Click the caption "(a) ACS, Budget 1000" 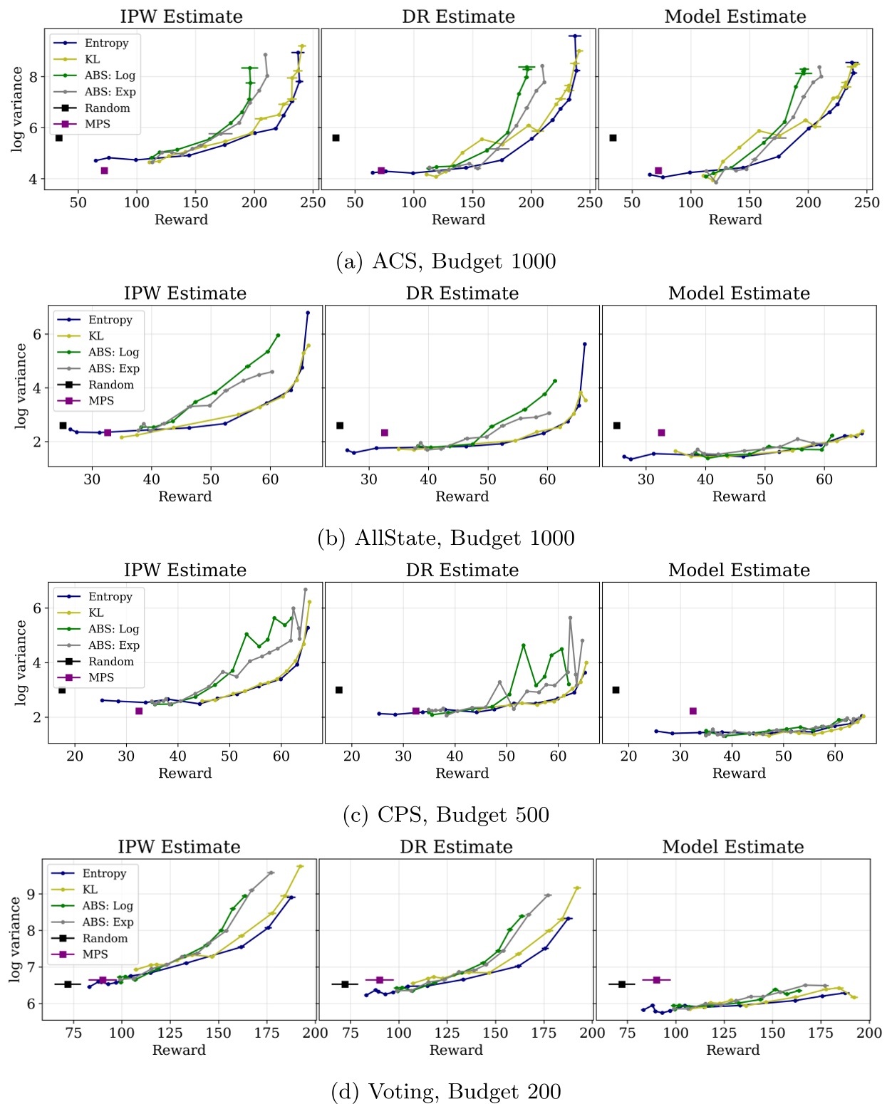[x=445, y=261]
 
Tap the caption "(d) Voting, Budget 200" [x=446, y=1091]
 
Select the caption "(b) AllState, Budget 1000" [x=446, y=538]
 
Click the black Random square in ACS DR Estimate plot [x=336, y=137]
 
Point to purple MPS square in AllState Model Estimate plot [x=661, y=432]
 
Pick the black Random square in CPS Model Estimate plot [x=616, y=689]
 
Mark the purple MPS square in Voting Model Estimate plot [x=656, y=980]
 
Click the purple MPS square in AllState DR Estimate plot [x=385, y=432]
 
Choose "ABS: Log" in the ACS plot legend [x=110, y=75]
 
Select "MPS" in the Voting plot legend [x=95, y=954]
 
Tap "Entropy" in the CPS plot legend [x=110, y=596]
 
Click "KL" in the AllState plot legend [x=96, y=336]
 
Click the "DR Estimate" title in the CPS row [x=462, y=570]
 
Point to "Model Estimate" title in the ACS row [x=735, y=16]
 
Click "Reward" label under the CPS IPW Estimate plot [x=185, y=773]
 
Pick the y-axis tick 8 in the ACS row [x=33, y=76]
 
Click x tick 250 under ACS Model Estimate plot [x=866, y=202]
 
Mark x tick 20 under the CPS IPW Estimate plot [x=75, y=756]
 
